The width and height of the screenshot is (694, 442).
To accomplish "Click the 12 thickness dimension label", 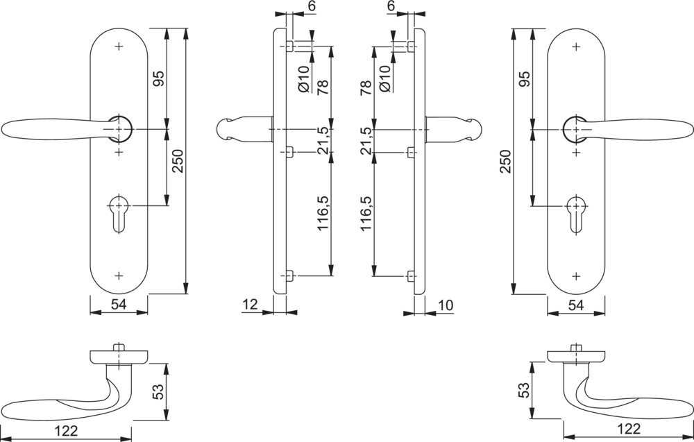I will coord(250,304).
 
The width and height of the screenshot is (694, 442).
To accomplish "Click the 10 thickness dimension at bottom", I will coord(446,304).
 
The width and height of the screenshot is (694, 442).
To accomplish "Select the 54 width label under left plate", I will coord(119,305).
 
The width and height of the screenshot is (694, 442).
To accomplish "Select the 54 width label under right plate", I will coord(575,305).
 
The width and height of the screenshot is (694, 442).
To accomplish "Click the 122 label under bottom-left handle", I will coord(66,431).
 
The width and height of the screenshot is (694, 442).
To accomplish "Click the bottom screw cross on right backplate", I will coord(575,276).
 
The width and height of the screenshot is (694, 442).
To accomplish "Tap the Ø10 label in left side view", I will coord(303,79).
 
